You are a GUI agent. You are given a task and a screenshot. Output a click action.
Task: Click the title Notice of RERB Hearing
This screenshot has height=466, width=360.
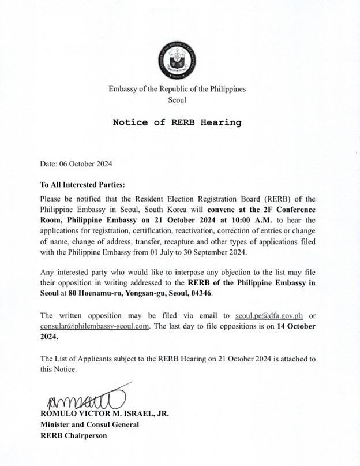[x=177, y=122]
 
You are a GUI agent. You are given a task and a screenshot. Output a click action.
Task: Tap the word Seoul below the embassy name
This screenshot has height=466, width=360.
[x=177, y=100]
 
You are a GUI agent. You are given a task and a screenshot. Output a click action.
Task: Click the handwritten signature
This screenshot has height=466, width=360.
[x=81, y=398]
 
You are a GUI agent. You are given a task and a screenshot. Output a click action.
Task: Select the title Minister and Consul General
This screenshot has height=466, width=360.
[x=89, y=424]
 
